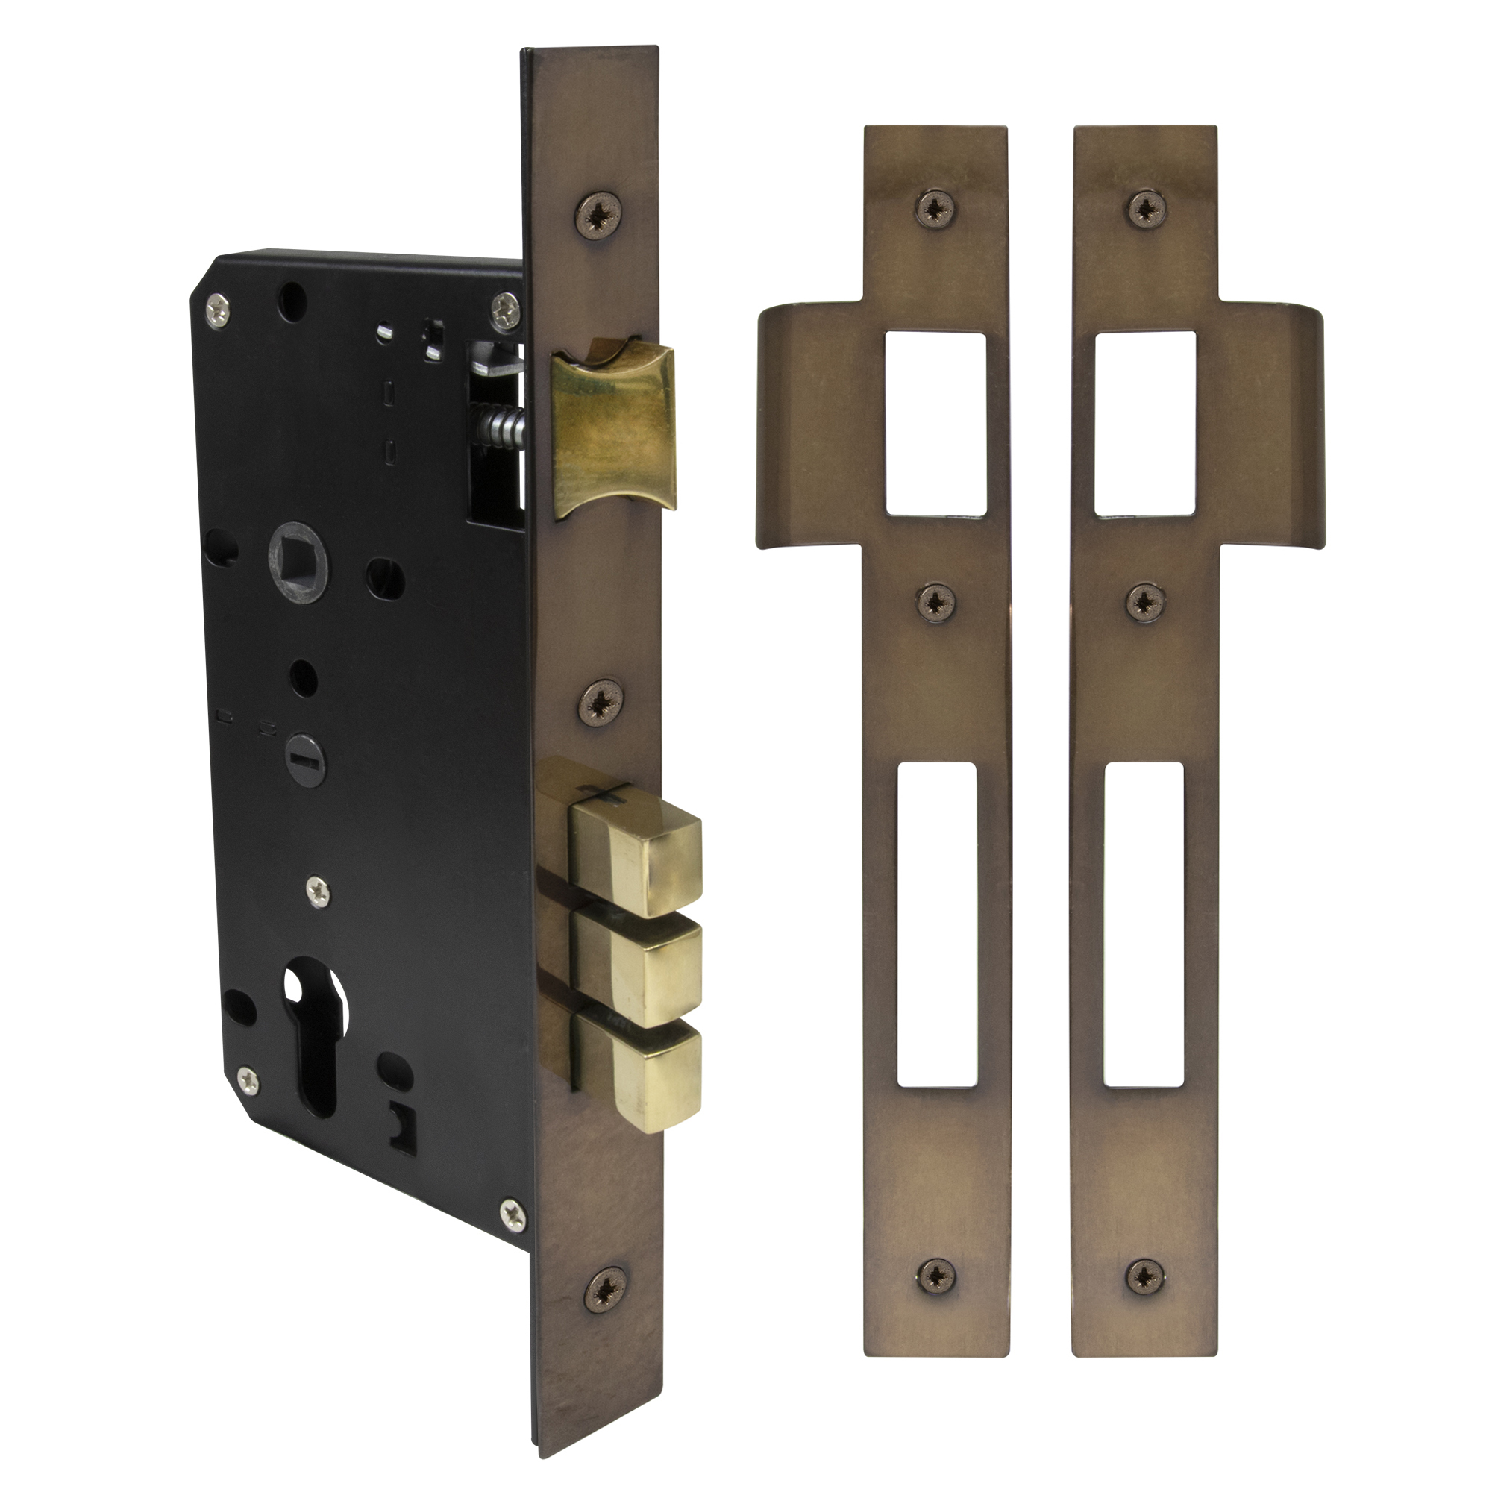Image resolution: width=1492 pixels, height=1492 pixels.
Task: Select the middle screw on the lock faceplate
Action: [x=601, y=702]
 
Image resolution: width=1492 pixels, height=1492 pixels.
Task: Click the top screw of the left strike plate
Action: [x=936, y=207]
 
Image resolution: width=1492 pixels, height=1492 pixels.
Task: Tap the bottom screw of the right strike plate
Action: [x=1145, y=1276]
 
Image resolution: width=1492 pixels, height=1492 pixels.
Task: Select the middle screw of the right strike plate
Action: [x=1146, y=602]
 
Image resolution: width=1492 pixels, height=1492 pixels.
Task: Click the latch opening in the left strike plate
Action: [x=936, y=423]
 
